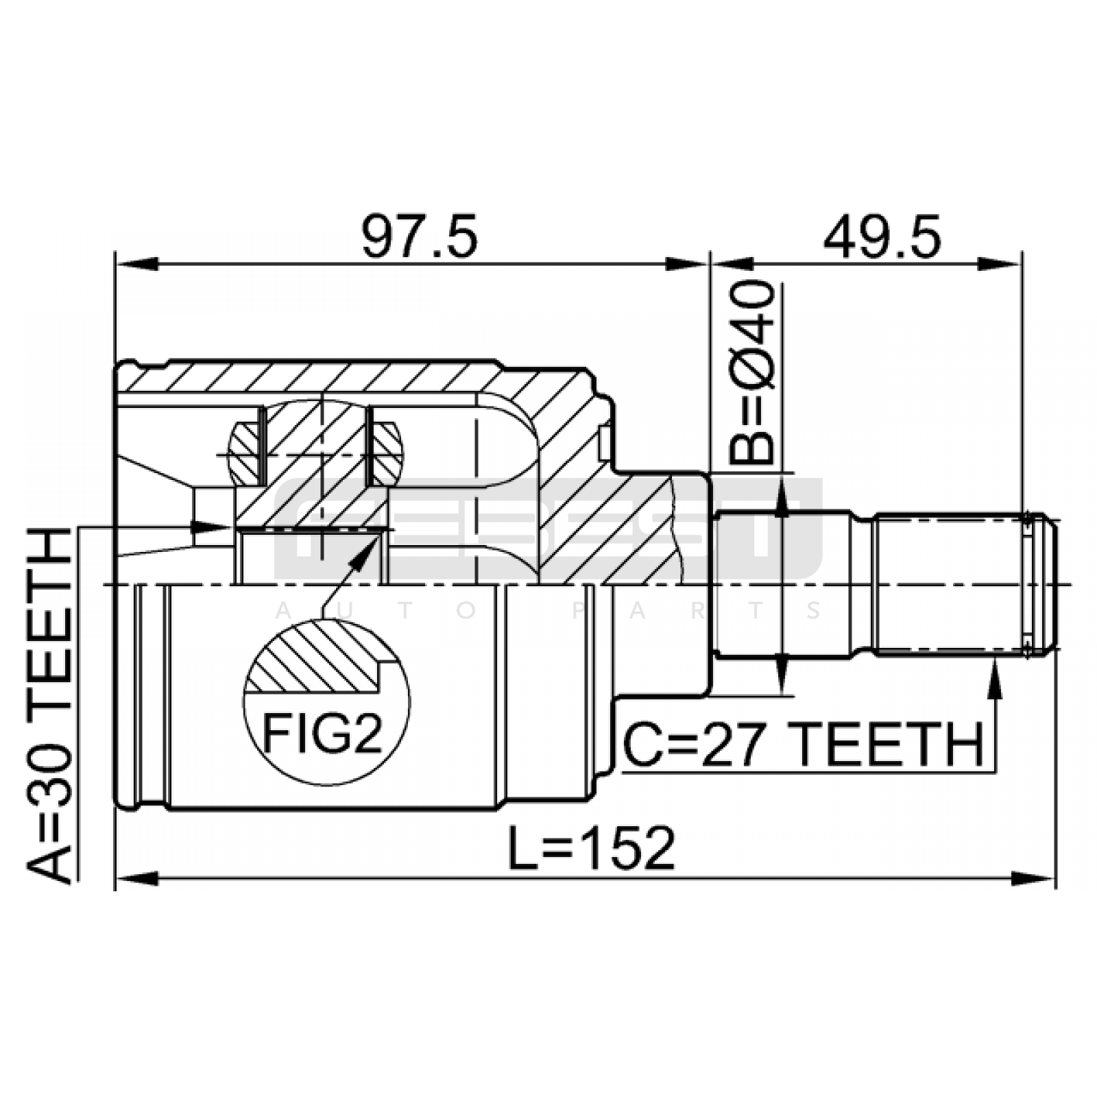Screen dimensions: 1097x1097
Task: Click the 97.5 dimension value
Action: pyautogui.click(x=419, y=236)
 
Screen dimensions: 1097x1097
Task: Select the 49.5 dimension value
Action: pyautogui.click(x=882, y=236)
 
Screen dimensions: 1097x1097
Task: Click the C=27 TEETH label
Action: pyautogui.click(x=803, y=745)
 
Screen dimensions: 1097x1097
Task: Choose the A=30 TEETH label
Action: pyautogui.click(x=49, y=706)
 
